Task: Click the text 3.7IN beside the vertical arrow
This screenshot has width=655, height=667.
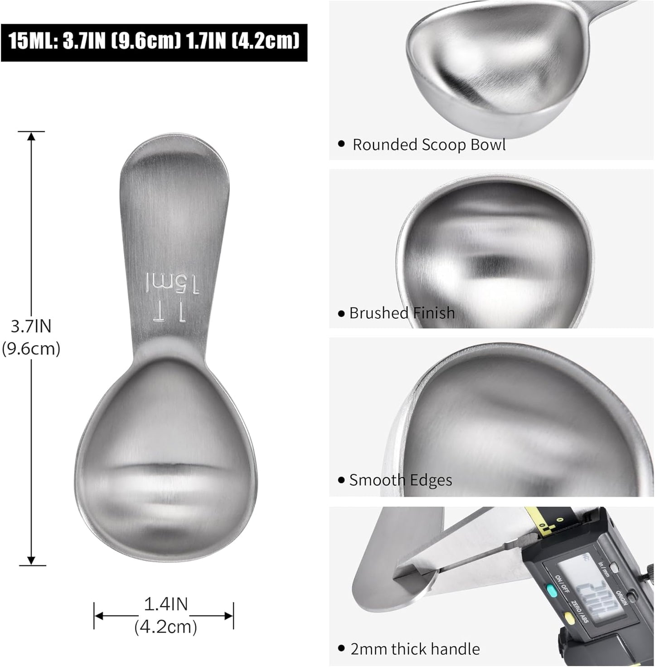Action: pos(31,326)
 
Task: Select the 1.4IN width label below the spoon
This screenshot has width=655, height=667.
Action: pos(166,604)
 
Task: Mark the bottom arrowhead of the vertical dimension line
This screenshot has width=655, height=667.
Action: pos(31,561)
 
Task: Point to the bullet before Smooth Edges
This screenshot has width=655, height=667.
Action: pos(341,480)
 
